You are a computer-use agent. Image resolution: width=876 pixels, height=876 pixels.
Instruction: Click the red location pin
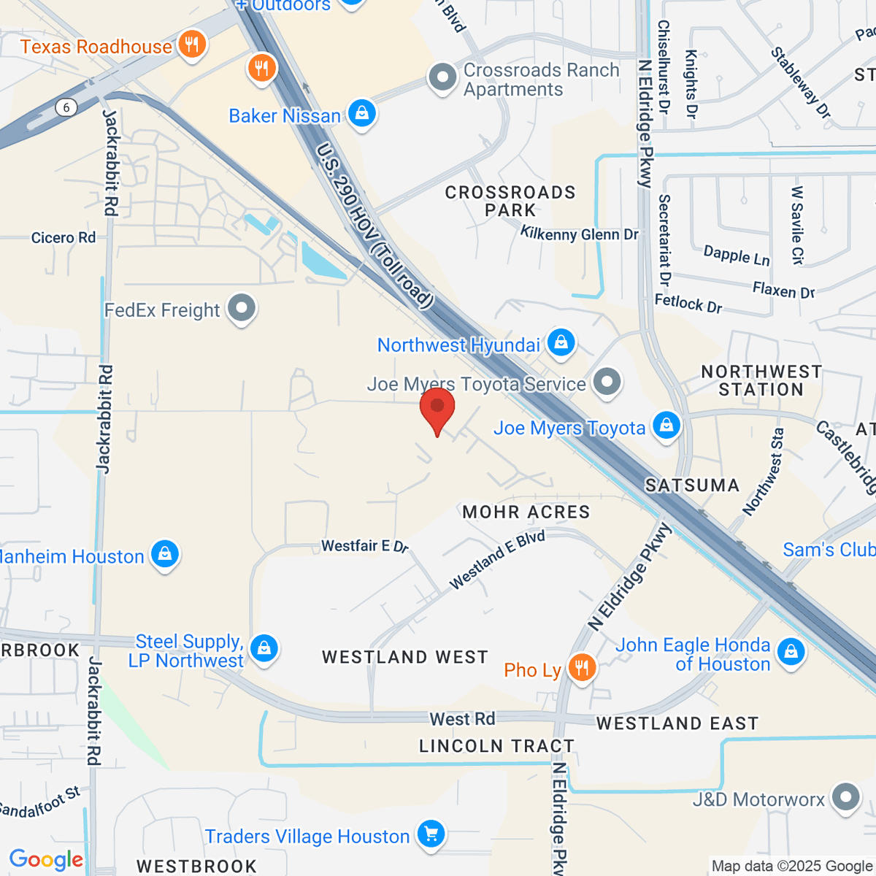coord(437,409)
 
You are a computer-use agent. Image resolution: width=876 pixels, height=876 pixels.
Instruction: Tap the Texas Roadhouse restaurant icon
coord(191,45)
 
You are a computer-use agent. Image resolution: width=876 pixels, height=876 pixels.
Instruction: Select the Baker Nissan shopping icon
coord(361,114)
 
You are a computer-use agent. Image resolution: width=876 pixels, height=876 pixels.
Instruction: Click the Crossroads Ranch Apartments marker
coord(442,79)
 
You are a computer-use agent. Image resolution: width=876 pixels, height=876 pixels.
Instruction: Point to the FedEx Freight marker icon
coord(241,310)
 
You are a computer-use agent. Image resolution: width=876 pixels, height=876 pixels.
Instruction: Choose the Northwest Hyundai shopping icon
coord(561,343)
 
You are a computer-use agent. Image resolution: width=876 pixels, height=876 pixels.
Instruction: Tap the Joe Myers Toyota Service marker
coord(607,382)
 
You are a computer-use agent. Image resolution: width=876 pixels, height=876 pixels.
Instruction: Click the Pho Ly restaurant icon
coord(582,668)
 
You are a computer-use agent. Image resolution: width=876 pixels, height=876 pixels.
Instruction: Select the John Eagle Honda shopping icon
coord(791,652)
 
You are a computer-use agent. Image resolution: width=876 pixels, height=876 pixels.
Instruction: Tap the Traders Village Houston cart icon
coord(431,834)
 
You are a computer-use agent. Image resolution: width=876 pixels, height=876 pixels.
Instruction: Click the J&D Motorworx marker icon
coord(846,798)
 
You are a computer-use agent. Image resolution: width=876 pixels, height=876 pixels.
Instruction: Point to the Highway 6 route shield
coord(66,108)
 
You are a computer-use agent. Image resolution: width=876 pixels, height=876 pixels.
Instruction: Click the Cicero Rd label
coord(64,238)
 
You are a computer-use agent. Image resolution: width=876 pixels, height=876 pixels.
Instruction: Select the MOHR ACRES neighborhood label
coord(526,512)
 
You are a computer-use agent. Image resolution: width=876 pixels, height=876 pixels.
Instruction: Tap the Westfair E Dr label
coord(365,546)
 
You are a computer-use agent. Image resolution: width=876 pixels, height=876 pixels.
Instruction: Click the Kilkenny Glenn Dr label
coord(580,234)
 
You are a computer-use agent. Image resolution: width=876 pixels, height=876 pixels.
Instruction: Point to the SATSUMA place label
coord(692,485)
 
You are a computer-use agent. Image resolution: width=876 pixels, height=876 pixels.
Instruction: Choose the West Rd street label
coord(462,719)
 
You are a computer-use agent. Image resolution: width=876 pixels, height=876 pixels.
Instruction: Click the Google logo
coord(46,860)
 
